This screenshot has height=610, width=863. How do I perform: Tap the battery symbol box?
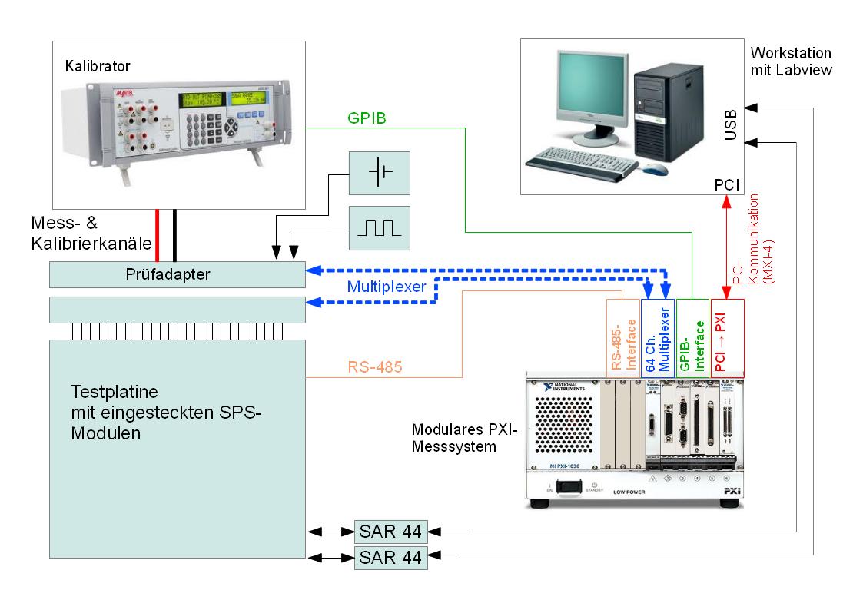point(380,172)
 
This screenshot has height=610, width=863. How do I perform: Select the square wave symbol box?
point(380,227)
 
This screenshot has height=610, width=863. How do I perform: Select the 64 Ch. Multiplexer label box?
point(657,336)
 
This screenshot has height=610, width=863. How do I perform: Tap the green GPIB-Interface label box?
point(692,336)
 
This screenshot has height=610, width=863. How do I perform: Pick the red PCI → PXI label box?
point(727,336)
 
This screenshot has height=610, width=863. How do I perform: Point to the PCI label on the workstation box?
point(727,184)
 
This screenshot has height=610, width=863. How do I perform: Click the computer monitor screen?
point(583,96)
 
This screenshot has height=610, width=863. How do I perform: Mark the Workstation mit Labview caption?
point(791,61)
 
